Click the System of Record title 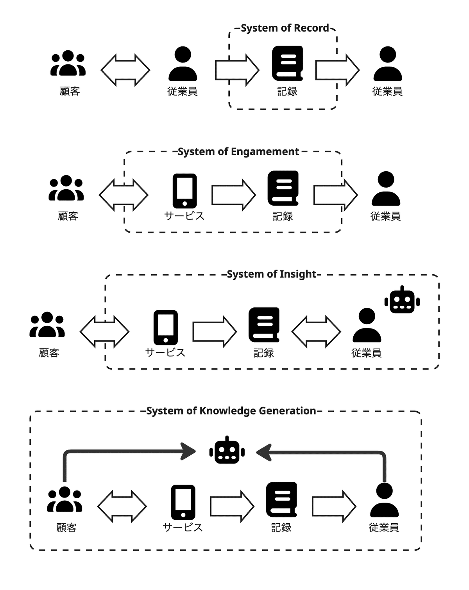pos(285,28)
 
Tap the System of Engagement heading pos(238,151)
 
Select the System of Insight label pos(271,274)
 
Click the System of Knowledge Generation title pos(231,411)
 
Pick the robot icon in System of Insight pos(402,300)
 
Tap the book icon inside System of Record pos(287,63)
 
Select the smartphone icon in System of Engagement pos(184,191)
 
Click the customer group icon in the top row pos(68,63)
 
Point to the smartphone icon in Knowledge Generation pos(183,503)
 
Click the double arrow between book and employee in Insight pos(316,332)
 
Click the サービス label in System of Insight pos(165,353)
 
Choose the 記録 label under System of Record pos(287,91)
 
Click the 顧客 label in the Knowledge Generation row pos(66,528)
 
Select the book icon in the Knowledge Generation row pos(281,500)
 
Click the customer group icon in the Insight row pos(47,325)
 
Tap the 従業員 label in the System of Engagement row pos(385,216)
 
